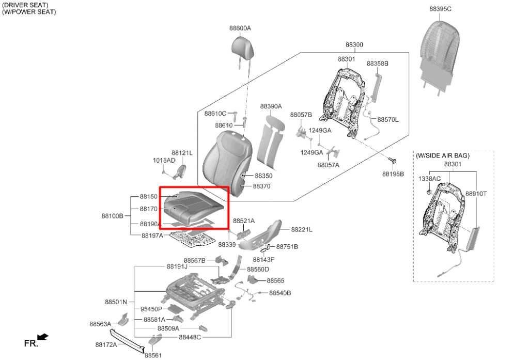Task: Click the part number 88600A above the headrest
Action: coord(240,28)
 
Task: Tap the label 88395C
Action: coord(440,9)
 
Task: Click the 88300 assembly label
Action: coord(354,45)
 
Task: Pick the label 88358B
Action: coord(377,64)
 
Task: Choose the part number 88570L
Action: coord(388,120)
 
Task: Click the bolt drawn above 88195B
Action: coord(393,162)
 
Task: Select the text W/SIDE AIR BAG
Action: coord(443,155)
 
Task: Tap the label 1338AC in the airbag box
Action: coord(429,179)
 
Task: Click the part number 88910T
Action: coord(476,194)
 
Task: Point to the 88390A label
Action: coord(271,106)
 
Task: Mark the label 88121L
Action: coord(182,153)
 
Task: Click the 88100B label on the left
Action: coord(113,216)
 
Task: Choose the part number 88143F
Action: coord(263,259)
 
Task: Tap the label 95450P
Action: coord(151,309)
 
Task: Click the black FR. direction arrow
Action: coord(43,337)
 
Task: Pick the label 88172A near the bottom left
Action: coord(106,344)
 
